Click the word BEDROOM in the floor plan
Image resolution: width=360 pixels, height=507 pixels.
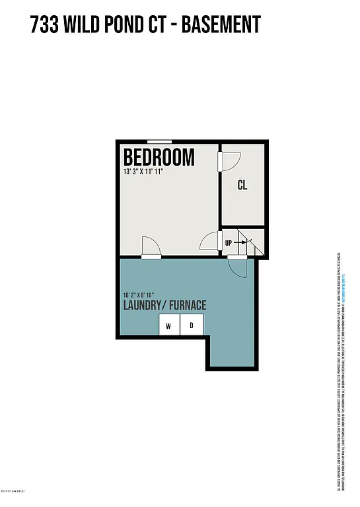click(x=159, y=158)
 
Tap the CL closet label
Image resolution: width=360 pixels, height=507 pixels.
click(x=242, y=186)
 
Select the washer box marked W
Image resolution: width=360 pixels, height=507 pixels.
click(x=168, y=325)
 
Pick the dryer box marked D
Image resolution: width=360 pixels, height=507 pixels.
click(x=192, y=325)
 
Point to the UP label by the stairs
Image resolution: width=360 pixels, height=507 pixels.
click(x=229, y=243)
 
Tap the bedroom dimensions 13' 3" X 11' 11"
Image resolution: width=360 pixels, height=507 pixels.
click(x=143, y=172)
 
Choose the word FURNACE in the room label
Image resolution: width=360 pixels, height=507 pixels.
click(x=187, y=306)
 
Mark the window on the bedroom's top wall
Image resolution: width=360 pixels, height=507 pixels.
click(x=160, y=141)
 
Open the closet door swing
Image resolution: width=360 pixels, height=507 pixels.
click(x=229, y=160)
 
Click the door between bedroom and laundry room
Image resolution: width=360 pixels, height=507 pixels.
click(x=150, y=248)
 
